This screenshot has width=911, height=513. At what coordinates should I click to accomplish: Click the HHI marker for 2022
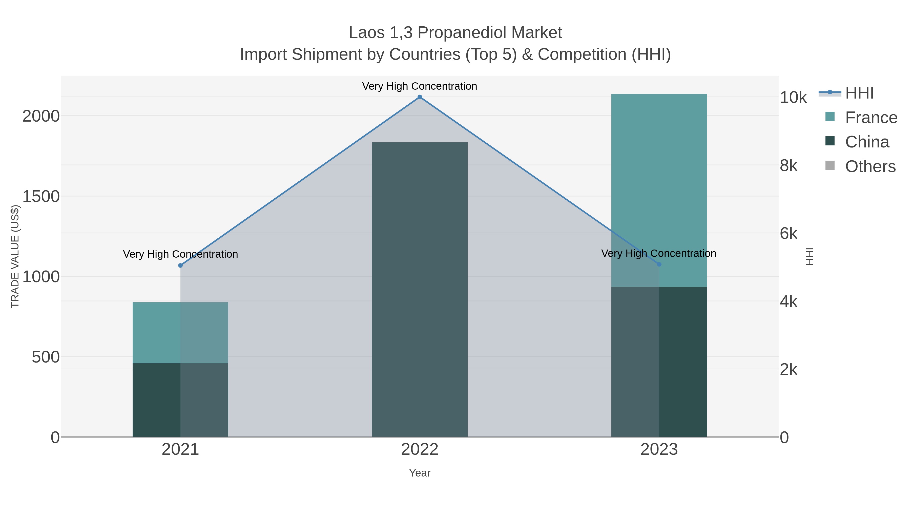tap(420, 97)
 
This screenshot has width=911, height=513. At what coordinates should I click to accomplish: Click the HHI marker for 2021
tap(180, 265)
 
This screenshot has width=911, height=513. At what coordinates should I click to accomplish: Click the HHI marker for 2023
tap(659, 264)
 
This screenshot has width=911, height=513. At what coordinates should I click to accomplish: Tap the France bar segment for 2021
tap(180, 333)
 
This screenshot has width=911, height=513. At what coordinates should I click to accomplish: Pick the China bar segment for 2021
tap(180, 400)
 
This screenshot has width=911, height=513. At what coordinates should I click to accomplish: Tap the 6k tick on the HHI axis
tap(789, 234)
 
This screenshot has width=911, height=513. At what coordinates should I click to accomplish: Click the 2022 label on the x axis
tap(420, 450)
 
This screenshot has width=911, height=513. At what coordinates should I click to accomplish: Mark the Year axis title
tap(420, 473)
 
